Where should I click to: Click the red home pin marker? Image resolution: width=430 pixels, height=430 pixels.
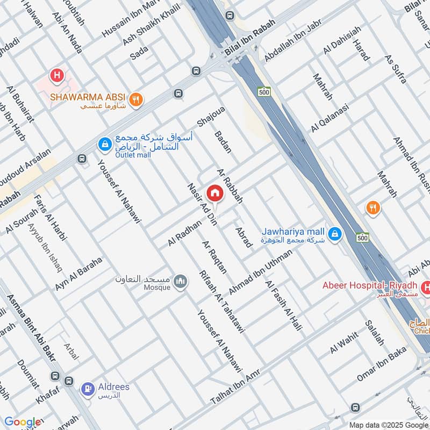tap(215, 193)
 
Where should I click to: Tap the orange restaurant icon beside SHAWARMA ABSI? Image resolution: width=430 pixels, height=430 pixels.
tap(136, 98)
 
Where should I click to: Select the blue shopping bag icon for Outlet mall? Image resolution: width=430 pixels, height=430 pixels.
tap(104, 144)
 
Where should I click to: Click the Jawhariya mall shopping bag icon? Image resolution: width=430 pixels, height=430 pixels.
tap(335, 233)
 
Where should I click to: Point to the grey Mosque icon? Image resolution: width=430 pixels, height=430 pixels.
tap(181, 281)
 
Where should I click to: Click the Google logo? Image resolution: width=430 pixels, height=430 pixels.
tap(22, 422)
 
